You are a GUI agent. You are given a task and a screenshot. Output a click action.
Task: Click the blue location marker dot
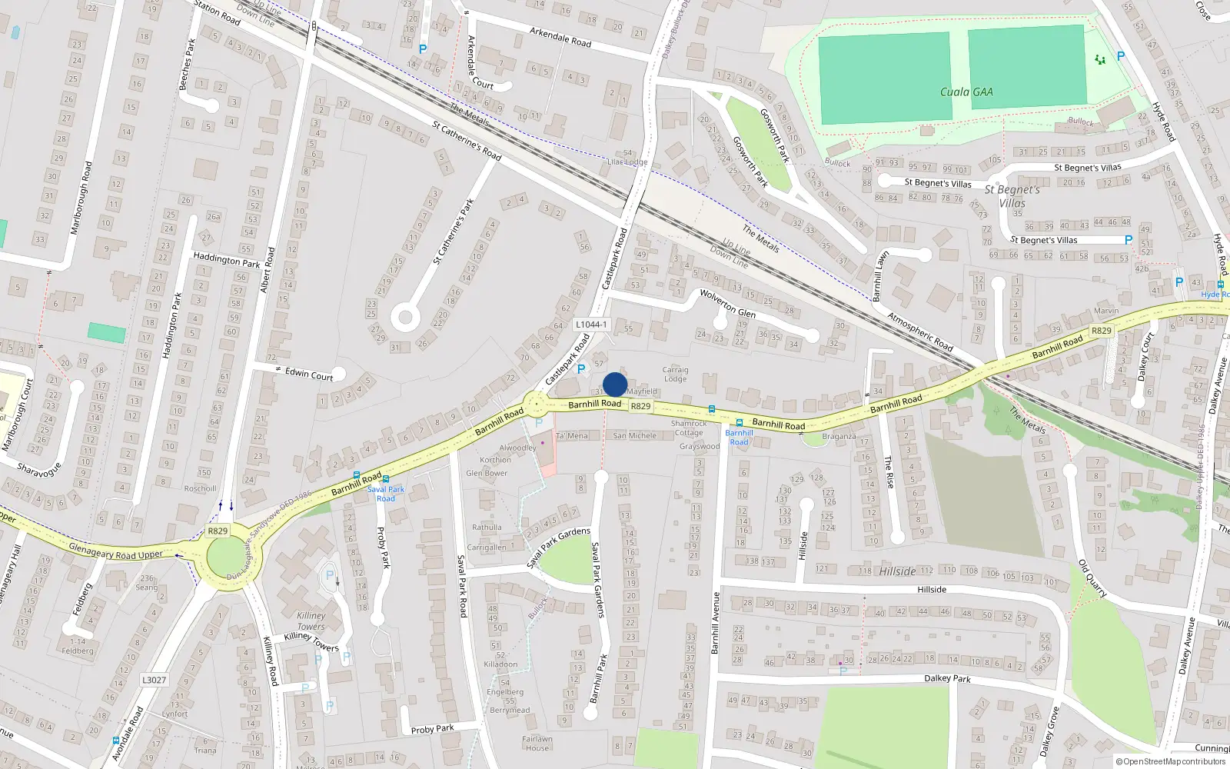click(x=615, y=384)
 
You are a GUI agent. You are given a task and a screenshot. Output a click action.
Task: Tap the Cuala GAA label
click(x=966, y=92)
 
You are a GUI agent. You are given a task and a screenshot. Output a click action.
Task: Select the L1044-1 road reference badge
click(x=591, y=325)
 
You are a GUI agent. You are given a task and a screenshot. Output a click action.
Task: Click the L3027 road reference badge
click(x=154, y=680)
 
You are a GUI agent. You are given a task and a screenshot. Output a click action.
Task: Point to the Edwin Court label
click(x=309, y=374)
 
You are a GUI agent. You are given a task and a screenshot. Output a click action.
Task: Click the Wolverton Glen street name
click(x=727, y=304)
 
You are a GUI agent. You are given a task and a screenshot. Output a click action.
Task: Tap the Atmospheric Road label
click(x=920, y=332)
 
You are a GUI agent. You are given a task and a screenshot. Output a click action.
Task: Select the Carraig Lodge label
click(x=675, y=374)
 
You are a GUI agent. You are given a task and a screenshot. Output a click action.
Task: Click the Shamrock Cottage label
click(x=688, y=428)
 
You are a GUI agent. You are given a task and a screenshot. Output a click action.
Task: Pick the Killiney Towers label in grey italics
click(x=311, y=621)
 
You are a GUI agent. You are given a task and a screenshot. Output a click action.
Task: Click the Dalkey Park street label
click(x=947, y=678)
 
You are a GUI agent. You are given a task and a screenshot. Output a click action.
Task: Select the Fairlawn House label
click(x=537, y=744)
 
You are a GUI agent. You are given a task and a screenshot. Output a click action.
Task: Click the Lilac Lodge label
click(x=627, y=161)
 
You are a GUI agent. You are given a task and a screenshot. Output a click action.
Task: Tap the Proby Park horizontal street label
click(x=432, y=728)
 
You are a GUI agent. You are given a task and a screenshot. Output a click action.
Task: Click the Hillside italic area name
click(x=897, y=571)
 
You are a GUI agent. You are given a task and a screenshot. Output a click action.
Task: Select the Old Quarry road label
click(x=1092, y=578)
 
